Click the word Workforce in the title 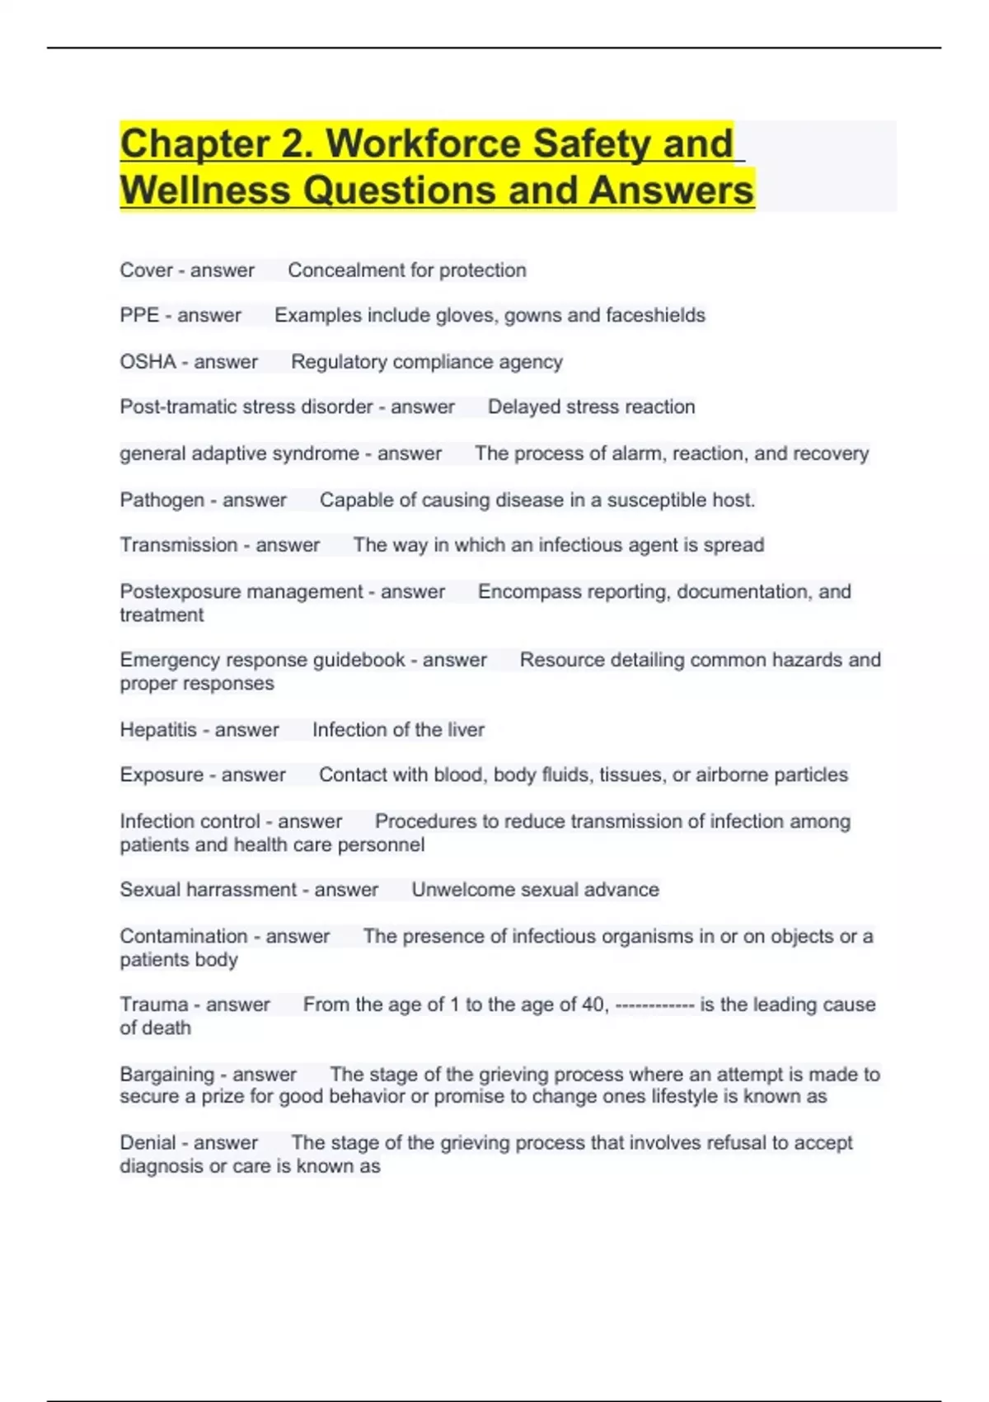424,143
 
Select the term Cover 146,270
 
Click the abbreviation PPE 139,315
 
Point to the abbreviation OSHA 148,361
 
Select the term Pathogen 162,500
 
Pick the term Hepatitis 158,730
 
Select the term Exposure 162,775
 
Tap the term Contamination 183,936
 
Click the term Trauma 154,1004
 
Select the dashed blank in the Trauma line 654,1005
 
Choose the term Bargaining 166,1075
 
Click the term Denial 148,1143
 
